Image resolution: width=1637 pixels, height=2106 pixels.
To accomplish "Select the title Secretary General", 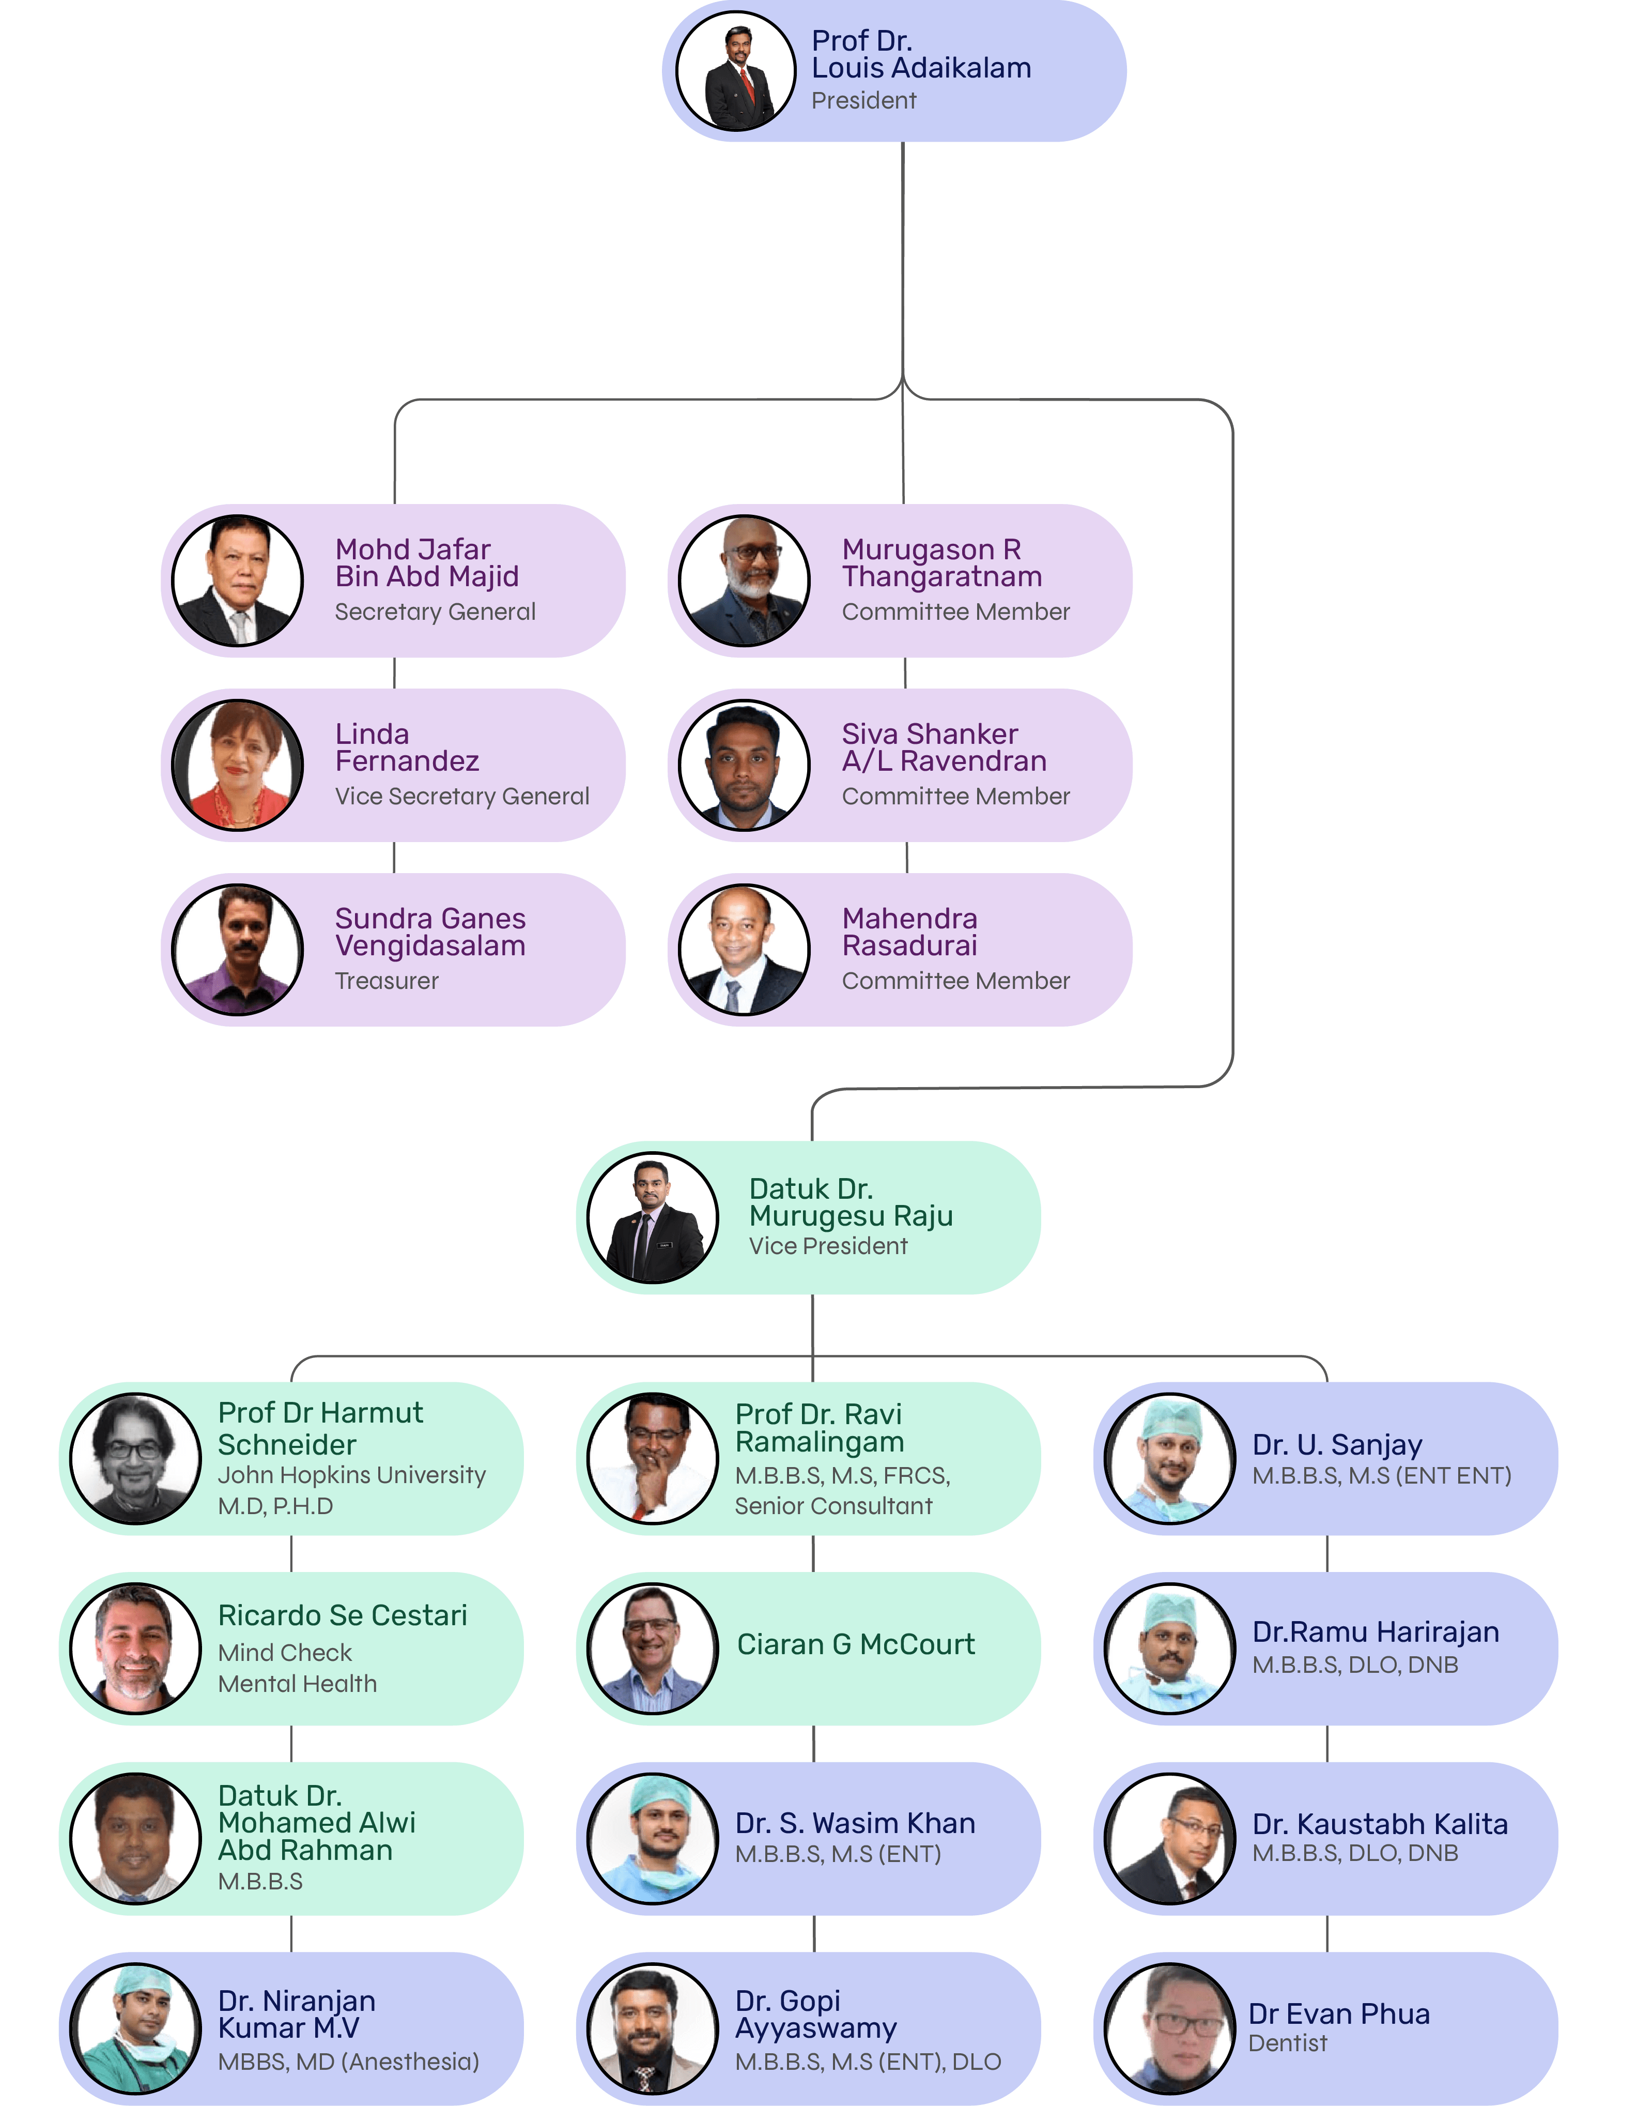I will point(435,612).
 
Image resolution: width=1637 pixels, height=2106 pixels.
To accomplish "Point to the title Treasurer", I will point(387,981).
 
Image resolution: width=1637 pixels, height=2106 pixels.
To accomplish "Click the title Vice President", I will point(828,1246).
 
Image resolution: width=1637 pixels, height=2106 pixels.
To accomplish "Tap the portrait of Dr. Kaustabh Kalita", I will point(1169,1839).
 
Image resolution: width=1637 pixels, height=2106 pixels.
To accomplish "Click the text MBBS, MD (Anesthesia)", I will point(348,2062).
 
